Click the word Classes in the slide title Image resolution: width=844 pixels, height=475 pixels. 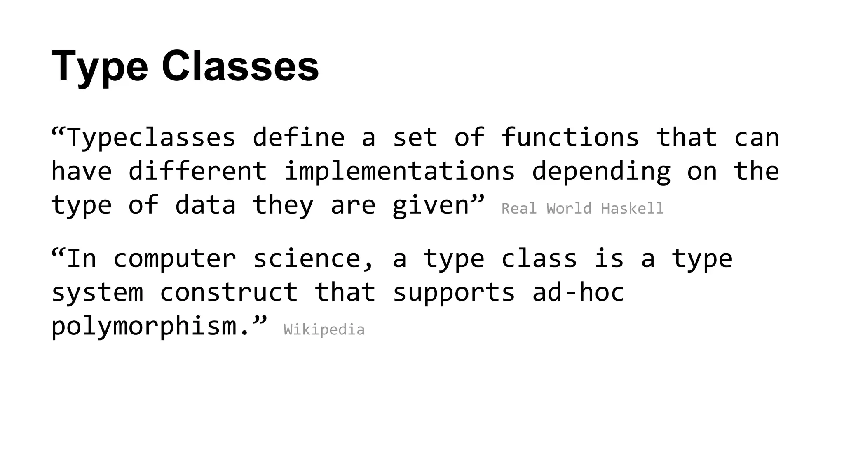pos(240,66)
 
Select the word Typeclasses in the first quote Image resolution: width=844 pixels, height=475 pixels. pos(151,137)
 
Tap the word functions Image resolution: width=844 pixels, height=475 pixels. pos(570,137)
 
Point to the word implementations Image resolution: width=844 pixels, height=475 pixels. pos(399,171)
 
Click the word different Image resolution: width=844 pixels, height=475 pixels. pos(198,171)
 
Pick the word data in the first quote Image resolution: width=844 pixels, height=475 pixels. pos(205,205)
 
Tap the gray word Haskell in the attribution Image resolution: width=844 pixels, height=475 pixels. pos(632,209)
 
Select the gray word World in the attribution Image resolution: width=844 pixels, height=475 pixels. pos(569,209)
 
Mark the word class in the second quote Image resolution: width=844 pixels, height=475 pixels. pos(539,259)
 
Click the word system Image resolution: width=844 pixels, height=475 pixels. pos(97,293)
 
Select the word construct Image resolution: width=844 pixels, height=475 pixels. pos(229,293)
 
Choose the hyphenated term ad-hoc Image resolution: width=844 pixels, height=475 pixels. pos(578,292)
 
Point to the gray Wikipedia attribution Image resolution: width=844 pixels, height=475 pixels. pos(324,330)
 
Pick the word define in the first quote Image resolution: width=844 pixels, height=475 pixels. pos(298,137)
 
